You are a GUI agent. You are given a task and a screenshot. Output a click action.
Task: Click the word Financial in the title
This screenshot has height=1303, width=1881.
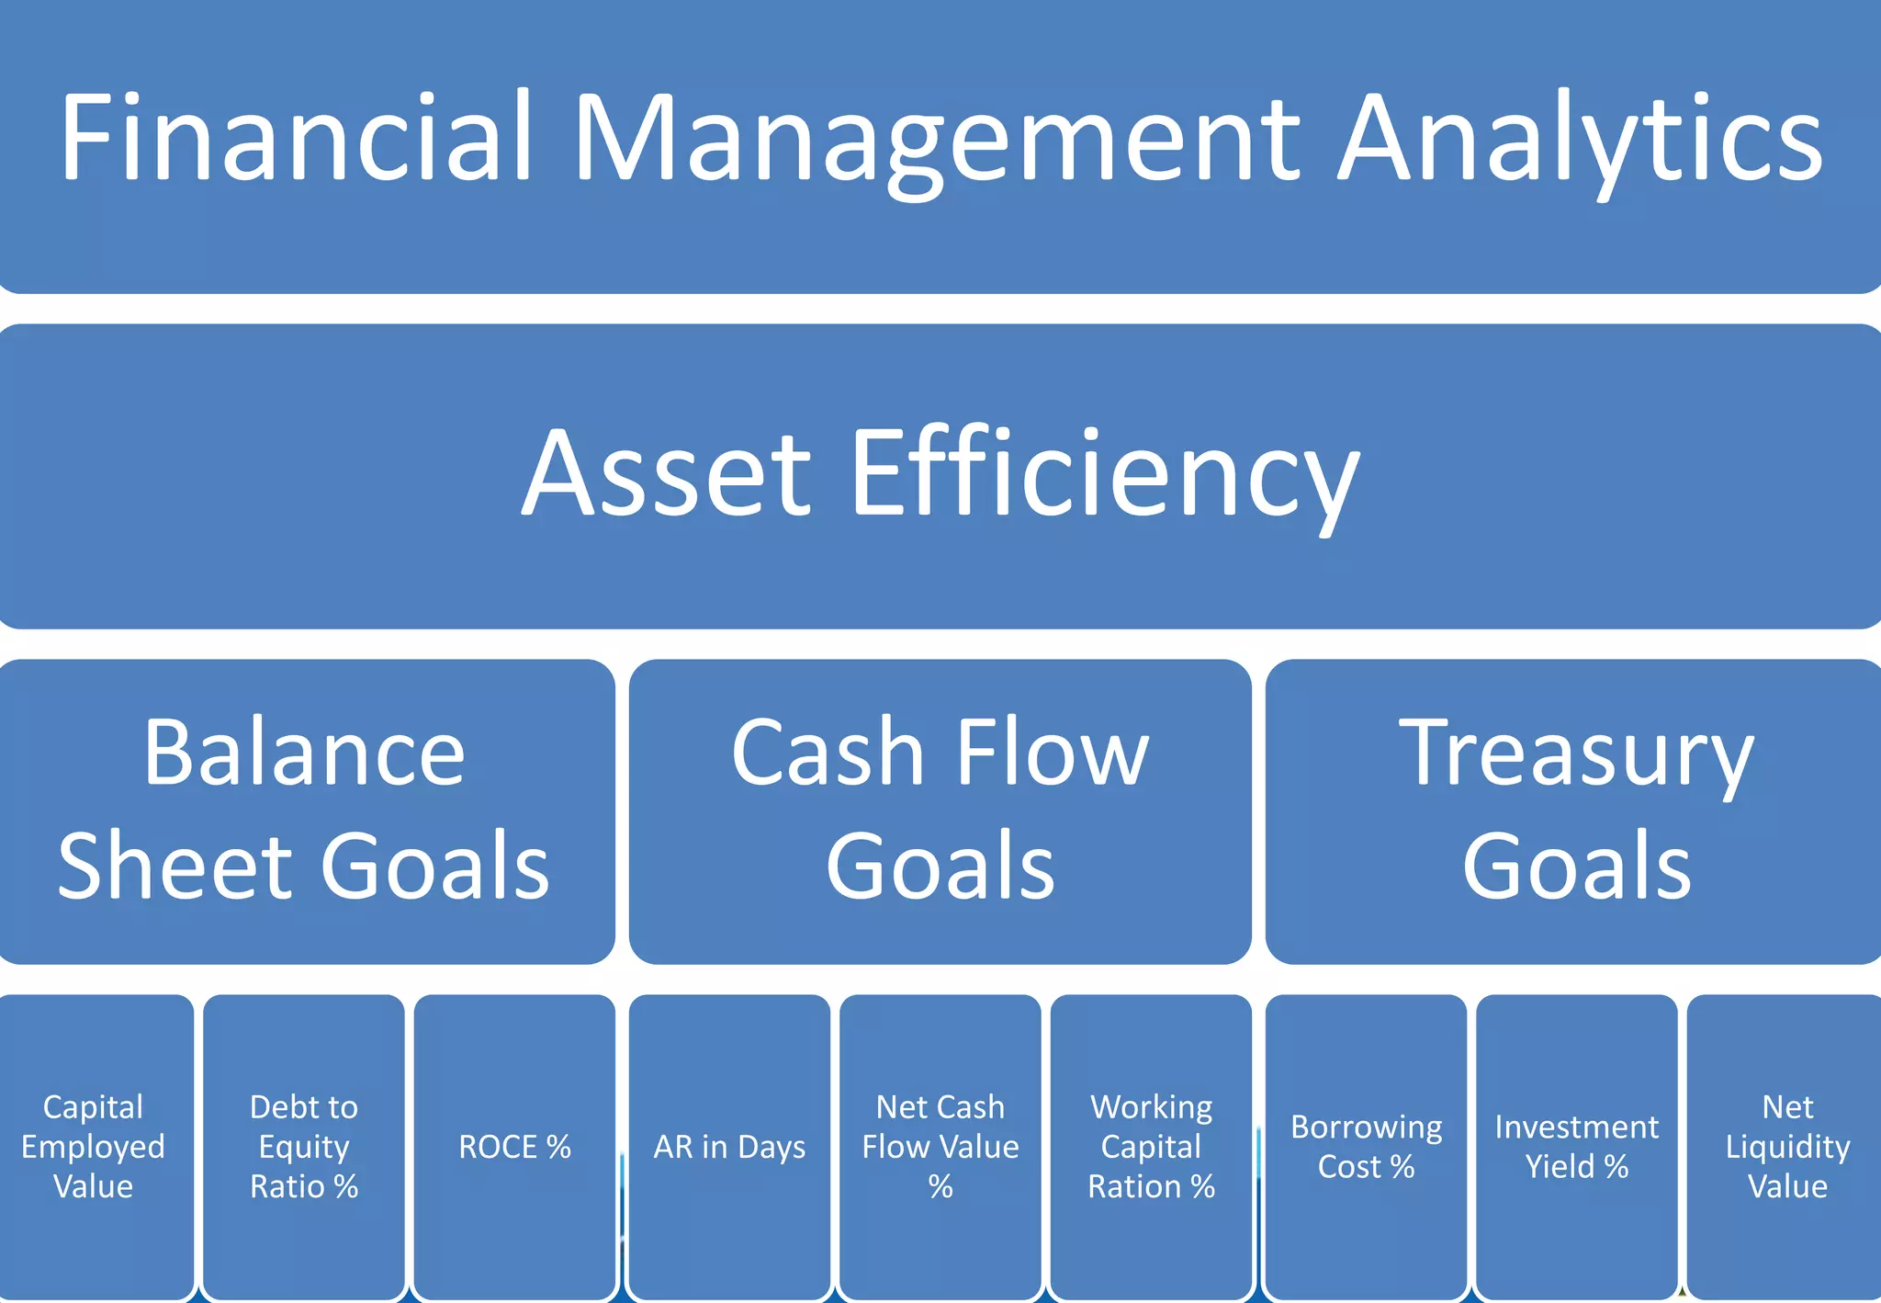pos(296,138)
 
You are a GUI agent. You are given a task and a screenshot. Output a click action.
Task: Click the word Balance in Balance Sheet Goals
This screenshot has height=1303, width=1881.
pos(304,753)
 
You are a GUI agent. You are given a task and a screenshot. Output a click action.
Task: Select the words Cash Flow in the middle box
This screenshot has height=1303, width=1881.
pos(940,753)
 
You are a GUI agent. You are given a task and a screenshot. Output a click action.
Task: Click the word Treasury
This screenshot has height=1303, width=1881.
pos(1576,753)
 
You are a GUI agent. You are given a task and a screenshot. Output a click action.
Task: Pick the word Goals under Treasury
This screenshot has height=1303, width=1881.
pos(1576,866)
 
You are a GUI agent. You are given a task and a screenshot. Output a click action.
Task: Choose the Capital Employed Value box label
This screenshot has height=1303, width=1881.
pos(93,1146)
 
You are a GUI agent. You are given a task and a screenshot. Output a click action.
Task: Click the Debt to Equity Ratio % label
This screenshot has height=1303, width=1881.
pos(304,1146)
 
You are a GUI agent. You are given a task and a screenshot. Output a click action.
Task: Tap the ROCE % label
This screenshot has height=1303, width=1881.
pos(514,1146)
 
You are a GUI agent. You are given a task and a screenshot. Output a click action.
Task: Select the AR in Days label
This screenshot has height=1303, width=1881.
pos(729,1146)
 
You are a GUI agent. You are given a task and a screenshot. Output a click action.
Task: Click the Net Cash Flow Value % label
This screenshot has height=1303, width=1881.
pos(940,1146)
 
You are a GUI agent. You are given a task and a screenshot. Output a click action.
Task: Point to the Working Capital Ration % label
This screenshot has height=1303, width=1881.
pos(1151,1146)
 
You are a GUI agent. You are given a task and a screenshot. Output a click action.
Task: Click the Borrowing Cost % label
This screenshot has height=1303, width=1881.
pos(1366,1146)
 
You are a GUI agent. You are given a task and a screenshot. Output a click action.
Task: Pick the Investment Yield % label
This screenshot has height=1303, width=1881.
pos(1576,1146)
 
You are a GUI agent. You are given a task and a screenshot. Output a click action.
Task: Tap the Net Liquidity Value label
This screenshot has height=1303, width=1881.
pos(1787,1146)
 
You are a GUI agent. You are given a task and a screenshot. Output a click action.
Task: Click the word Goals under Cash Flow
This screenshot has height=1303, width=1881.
pos(940,866)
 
